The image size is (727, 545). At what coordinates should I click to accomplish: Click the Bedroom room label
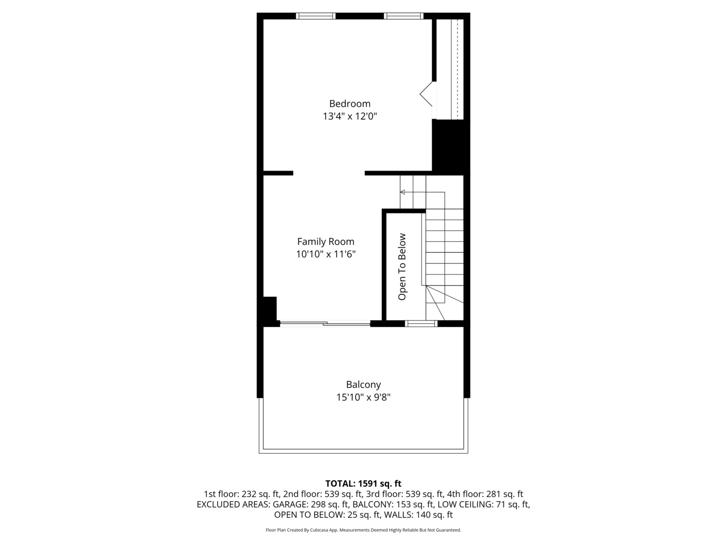click(349, 103)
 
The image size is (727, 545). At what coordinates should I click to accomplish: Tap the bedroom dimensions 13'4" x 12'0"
click(350, 117)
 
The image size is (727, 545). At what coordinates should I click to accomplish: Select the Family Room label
click(326, 242)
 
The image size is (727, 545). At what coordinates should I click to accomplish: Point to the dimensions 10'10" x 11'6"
click(326, 254)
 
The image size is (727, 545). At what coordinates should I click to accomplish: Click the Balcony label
click(363, 385)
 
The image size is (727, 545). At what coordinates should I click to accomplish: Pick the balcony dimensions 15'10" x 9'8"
click(363, 398)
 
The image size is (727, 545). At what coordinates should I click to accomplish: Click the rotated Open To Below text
click(402, 266)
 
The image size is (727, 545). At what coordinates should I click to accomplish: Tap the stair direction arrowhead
click(403, 192)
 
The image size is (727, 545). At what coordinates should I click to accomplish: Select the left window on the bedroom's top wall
click(316, 16)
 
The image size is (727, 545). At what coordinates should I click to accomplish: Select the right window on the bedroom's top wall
click(403, 16)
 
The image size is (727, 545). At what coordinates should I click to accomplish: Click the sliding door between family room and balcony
click(325, 323)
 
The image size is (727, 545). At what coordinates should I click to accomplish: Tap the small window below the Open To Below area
click(421, 323)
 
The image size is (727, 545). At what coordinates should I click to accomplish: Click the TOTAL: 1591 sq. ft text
click(363, 483)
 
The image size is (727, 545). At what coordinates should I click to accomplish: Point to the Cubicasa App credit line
click(363, 530)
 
